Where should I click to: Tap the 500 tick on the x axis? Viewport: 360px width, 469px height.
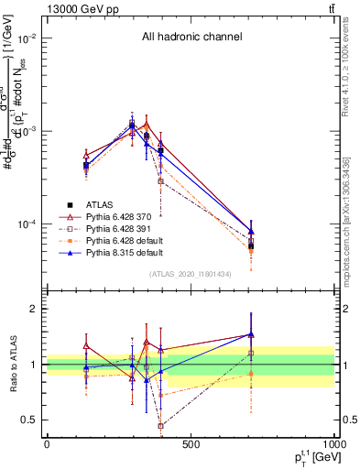pyautogui.click(x=191, y=444)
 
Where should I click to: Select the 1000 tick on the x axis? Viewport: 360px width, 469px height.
pyautogui.click(x=332, y=444)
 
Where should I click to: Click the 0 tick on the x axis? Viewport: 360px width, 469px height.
pyautogui.click(x=47, y=444)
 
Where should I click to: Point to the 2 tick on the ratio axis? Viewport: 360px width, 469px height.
pyautogui.click(x=34, y=309)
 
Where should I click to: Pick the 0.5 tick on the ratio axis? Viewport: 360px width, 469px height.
pyautogui.click(x=30, y=420)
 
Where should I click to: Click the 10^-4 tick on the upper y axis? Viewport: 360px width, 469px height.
pyautogui.click(x=27, y=224)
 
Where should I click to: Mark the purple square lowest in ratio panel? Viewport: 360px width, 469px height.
pyautogui.click(x=160, y=426)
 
